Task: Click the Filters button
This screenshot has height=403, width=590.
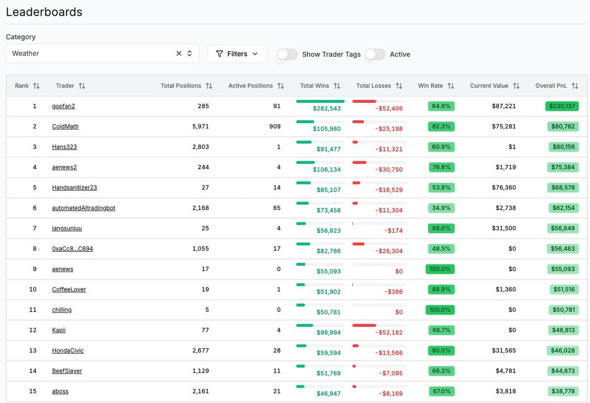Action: pos(237,54)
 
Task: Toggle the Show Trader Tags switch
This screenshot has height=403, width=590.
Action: pos(287,54)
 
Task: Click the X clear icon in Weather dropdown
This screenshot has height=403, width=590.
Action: pos(179,54)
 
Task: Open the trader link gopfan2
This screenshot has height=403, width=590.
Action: pos(63,106)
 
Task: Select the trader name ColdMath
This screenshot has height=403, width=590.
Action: pos(65,126)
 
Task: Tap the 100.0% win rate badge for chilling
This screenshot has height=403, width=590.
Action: pos(440,310)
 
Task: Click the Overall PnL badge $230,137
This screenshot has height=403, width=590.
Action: pos(562,106)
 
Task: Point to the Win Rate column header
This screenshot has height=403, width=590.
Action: pos(431,86)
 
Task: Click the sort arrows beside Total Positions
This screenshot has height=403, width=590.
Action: pos(209,86)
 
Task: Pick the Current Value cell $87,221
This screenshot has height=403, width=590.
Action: pos(504,106)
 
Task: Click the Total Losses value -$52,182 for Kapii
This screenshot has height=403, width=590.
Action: pos(389,333)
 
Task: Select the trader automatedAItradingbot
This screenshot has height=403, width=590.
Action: pos(84,208)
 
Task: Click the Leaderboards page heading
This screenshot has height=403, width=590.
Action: pos(44,12)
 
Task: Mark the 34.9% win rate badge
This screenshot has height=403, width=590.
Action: pos(441,208)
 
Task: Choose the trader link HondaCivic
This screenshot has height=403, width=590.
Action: pos(68,351)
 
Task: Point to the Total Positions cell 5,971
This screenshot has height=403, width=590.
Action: pos(200,126)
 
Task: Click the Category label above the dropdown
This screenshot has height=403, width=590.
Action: pos(21,37)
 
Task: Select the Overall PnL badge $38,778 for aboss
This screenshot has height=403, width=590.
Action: pos(563,392)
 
